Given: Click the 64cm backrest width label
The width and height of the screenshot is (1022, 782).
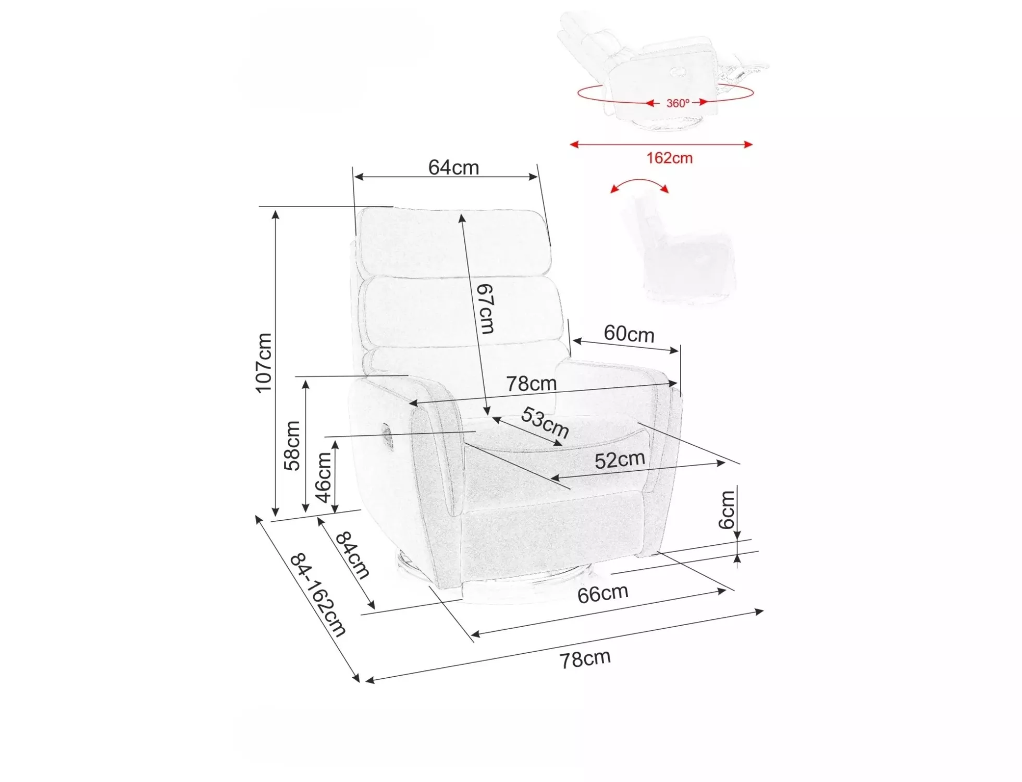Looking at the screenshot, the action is click(x=453, y=167).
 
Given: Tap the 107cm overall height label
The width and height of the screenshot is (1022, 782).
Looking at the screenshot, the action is click(x=264, y=363).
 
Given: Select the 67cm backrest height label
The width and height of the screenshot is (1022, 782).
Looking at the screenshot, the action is click(x=485, y=309).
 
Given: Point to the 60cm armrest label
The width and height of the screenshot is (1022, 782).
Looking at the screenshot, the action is click(x=629, y=334).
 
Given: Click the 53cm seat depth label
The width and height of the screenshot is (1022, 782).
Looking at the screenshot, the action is click(x=545, y=422).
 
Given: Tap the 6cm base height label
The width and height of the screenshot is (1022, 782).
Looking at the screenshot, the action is click(x=727, y=509).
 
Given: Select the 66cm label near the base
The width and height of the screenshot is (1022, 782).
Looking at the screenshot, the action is click(x=602, y=594).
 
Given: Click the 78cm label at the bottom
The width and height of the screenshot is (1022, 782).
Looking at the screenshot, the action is click(x=585, y=659).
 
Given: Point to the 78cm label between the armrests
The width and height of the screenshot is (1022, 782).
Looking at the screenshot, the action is click(x=532, y=384).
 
